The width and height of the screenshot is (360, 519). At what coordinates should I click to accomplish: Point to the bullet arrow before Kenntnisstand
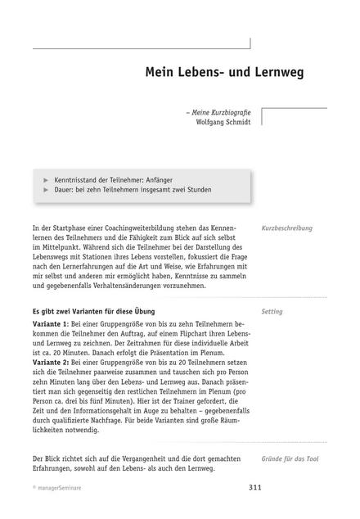tap(45, 177)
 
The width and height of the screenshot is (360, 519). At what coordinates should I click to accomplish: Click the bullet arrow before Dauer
tap(45, 189)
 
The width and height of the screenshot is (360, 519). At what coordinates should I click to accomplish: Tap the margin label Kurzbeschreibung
tap(287, 228)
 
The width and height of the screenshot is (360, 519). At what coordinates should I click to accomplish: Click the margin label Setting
tap(272, 312)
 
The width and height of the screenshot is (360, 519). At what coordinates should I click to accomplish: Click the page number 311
tap(255, 508)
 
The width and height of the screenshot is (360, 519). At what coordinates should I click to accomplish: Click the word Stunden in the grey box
tap(197, 189)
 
